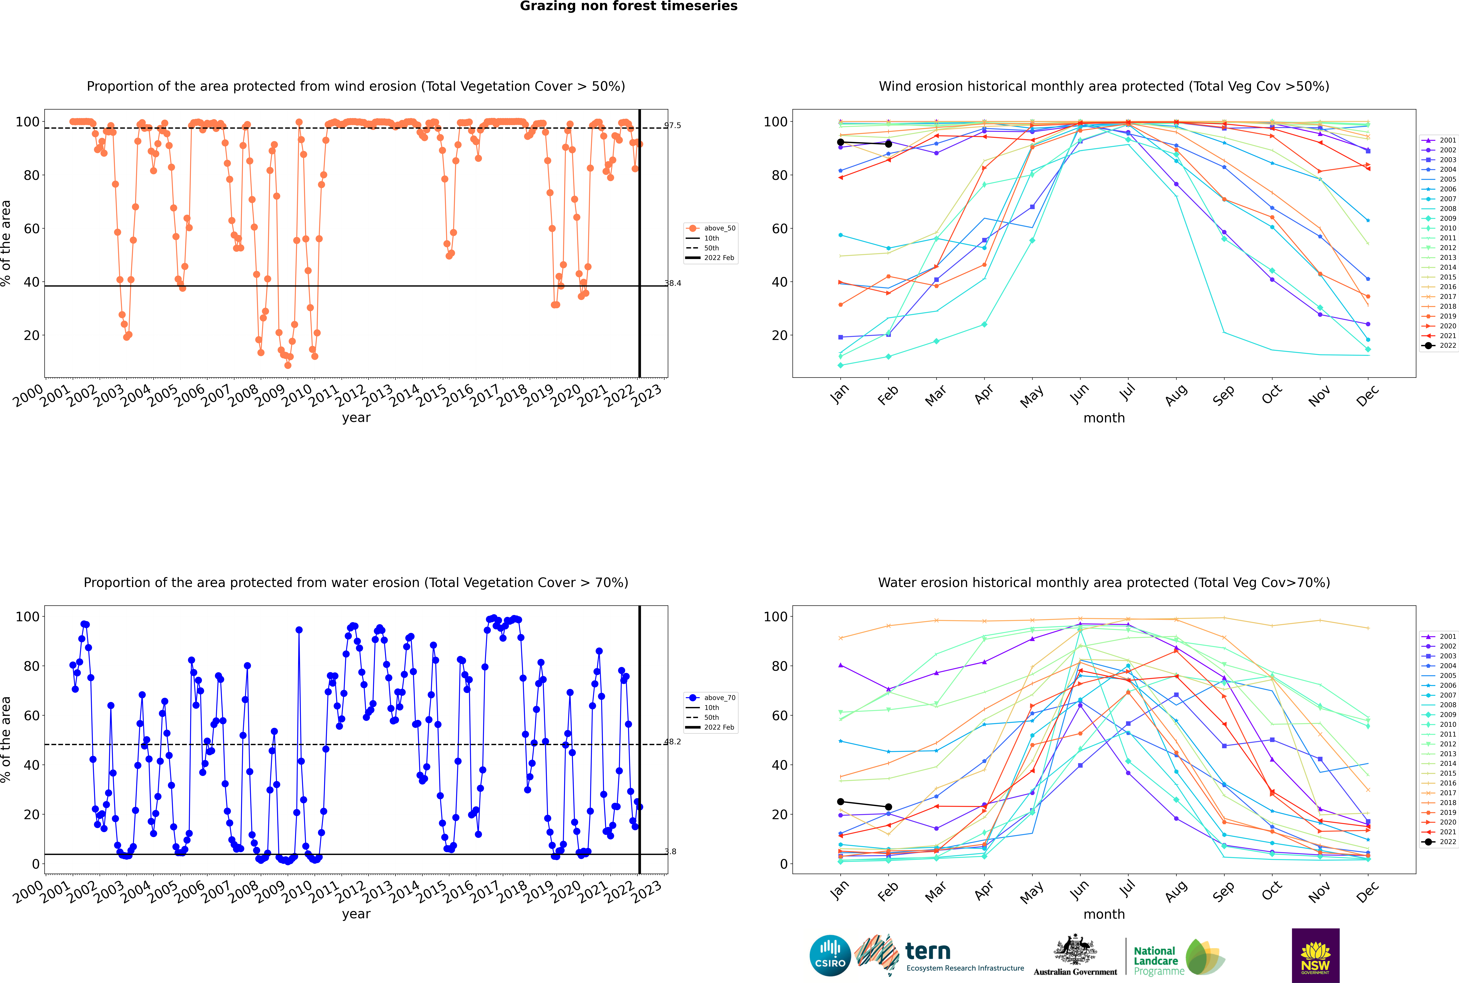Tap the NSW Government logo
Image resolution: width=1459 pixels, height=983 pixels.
(1315, 955)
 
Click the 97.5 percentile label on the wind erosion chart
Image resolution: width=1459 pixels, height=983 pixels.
(672, 125)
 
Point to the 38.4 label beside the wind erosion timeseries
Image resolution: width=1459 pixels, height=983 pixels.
(672, 283)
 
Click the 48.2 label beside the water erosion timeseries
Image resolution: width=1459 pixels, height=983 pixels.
(672, 742)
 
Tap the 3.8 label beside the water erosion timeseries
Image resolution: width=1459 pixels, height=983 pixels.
(671, 851)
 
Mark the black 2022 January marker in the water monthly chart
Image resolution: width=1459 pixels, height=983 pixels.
(841, 802)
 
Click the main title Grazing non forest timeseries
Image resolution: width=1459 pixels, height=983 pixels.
(629, 6)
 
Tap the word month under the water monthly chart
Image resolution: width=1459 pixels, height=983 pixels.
(1104, 914)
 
